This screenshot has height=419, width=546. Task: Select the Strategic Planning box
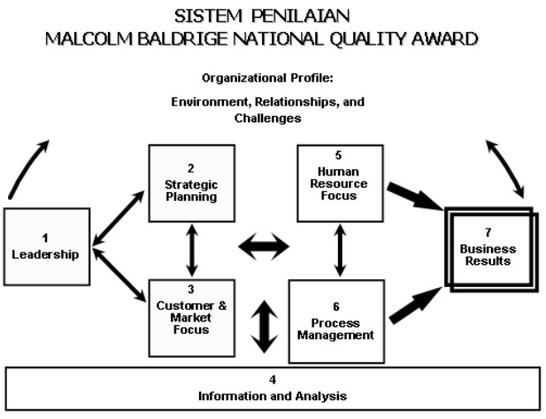pyautogui.click(x=191, y=183)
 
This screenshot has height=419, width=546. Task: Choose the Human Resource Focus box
pyautogui.click(x=340, y=182)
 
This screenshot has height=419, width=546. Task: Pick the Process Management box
pyautogui.click(x=335, y=322)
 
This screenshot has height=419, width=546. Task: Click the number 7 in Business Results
pyautogui.click(x=488, y=230)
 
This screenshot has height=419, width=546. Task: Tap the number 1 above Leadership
pyautogui.click(x=45, y=237)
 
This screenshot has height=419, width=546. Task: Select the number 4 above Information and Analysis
pyautogui.click(x=273, y=378)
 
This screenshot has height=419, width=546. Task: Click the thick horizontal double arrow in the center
pyautogui.click(x=264, y=247)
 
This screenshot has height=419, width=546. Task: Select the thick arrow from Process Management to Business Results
pyautogui.click(x=414, y=304)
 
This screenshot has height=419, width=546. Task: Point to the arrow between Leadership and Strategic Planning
pyautogui.click(x=119, y=215)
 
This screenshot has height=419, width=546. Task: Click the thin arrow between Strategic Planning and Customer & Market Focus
pyautogui.click(x=191, y=250)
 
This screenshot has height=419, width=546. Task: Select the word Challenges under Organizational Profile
pyautogui.click(x=267, y=117)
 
